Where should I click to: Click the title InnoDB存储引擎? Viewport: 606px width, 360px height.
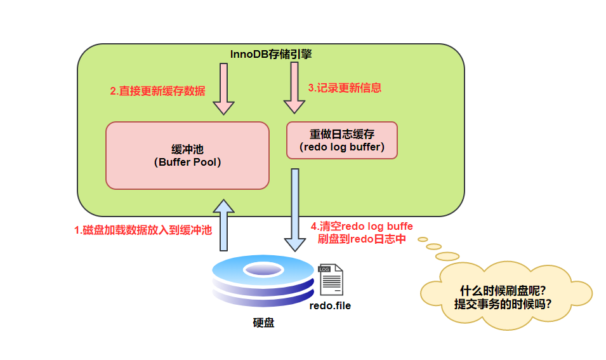point(271,55)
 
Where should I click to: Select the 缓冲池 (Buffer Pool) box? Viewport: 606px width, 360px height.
point(187,156)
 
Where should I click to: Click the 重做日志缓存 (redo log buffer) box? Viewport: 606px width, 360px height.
point(342,141)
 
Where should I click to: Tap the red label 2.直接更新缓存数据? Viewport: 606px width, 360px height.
point(157,90)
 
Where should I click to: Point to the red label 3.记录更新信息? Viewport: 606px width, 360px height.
point(345,88)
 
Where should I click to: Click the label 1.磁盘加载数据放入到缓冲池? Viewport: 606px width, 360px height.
point(143,230)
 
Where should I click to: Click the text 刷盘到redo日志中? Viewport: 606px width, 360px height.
point(362,239)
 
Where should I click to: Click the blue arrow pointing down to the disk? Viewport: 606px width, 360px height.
point(294,210)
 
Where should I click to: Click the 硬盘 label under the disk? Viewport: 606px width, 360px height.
point(263,323)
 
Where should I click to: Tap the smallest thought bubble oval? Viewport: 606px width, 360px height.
point(423,239)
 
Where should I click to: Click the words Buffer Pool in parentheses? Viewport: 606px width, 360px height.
point(187,162)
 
